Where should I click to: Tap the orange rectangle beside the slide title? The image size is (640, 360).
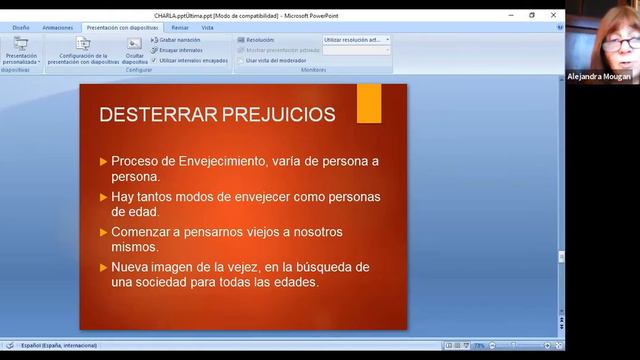368,104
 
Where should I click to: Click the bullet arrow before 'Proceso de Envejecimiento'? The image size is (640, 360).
104,161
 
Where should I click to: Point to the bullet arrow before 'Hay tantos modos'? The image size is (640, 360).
104,197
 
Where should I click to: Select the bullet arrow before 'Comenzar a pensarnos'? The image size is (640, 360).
104,232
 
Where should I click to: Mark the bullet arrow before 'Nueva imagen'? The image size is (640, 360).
104,267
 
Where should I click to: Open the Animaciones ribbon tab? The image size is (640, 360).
58,28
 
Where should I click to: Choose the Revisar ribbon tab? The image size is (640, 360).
179,28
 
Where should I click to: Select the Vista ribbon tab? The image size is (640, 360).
207,28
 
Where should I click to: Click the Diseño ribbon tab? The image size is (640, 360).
20,28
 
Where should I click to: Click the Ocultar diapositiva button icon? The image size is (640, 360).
135,44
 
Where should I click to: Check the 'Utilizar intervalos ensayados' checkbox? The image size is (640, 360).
154,60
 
